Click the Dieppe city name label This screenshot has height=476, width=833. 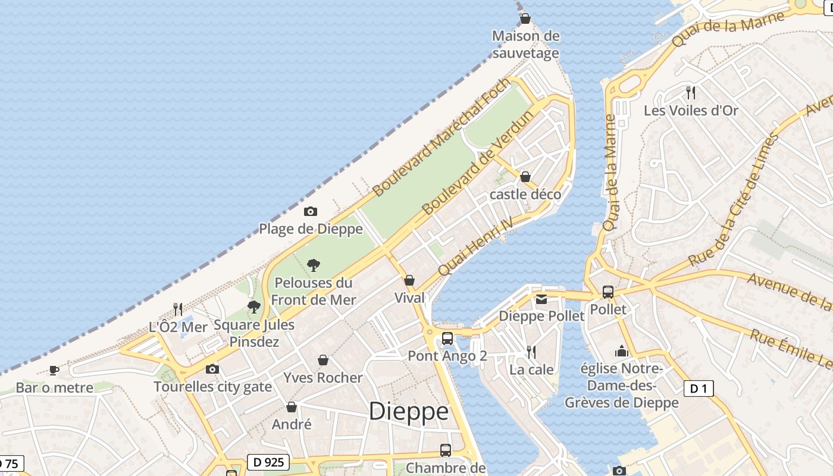click(409, 412)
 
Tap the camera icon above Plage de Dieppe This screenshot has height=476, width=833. click(310, 212)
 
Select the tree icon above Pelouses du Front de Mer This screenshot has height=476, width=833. click(313, 265)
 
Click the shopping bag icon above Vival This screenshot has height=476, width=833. click(409, 280)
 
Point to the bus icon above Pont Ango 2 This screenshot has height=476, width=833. click(447, 339)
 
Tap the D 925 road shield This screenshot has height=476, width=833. click(268, 462)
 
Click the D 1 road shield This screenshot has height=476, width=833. click(698, 389)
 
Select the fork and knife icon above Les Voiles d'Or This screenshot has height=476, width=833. click(690, 93)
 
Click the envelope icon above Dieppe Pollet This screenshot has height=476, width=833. click(541, 299)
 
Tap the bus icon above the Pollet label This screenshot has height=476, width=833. click(607, 292)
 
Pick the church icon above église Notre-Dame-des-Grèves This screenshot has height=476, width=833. click(622, 351)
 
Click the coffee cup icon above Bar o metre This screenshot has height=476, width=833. click(54, 371)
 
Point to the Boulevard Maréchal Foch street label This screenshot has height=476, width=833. click(441, 137)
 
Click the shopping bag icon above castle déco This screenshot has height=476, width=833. click(525, 177)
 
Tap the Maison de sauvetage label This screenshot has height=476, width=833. click(526, 45)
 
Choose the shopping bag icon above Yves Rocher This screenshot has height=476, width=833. click(323, 360)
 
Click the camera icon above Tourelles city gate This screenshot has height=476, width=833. click(212, 369)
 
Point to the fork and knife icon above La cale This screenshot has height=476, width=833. click(531, 352)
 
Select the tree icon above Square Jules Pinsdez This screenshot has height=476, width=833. click(254, 307)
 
